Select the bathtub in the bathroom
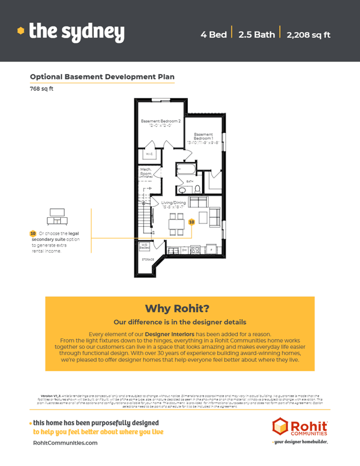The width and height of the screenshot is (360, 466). pos(186,169)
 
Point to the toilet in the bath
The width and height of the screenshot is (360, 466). pos(197,188)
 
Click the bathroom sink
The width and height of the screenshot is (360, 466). pos(182,188)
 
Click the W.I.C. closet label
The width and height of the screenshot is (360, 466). pos(149,154)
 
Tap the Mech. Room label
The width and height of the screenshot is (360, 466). pos(146,173)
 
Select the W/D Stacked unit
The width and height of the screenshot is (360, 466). pos(144,246)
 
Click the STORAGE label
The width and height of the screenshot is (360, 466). pos(147,259)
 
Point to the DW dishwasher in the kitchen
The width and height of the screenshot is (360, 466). pos(184,248)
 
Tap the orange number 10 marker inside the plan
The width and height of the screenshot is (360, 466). pos(191,222)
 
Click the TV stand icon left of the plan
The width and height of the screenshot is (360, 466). pos(57,214)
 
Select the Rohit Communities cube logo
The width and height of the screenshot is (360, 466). pos(281,427)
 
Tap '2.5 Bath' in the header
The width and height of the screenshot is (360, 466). pos(256,34)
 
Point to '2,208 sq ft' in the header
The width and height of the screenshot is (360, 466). pos(308,34)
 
